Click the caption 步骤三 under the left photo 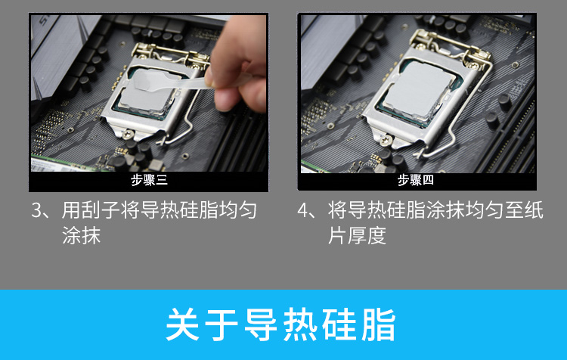149,180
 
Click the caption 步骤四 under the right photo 416,180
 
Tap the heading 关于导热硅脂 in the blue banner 281,324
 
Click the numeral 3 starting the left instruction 37,210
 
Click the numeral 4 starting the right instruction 302,210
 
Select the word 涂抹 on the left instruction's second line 81,235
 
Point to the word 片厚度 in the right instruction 357,235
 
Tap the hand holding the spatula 239,65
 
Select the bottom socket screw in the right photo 386,139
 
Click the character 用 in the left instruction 71,210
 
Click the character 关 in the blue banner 183,324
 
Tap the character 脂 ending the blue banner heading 379,324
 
